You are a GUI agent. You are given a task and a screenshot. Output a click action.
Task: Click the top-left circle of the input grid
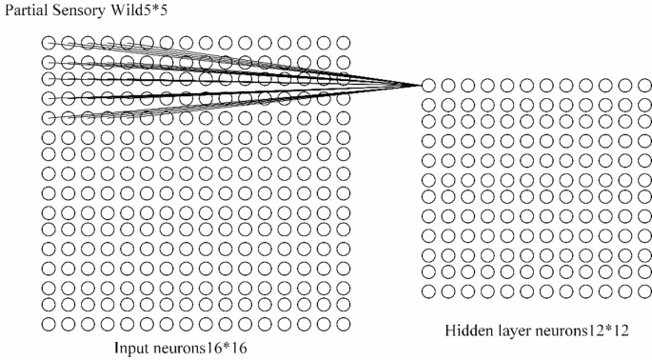[48, 43]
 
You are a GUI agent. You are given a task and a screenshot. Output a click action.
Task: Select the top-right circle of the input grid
[343, 43]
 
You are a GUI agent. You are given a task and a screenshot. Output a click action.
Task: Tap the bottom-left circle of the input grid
[48, 324]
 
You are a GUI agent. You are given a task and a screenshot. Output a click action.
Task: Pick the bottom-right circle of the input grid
[343, 324]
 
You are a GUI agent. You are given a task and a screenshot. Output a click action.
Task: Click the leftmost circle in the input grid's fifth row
[48, 118]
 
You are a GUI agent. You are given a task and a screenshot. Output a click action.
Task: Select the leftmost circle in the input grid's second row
[48, 62]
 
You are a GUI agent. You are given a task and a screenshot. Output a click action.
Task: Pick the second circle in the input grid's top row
[68, 43]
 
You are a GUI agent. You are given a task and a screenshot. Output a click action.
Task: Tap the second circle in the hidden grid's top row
[447, 86]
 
